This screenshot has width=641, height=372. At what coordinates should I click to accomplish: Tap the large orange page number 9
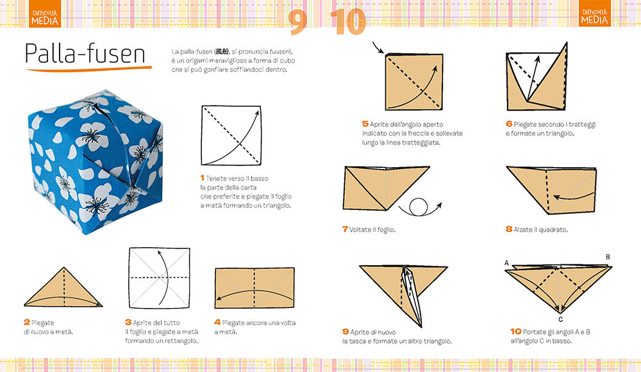pos(298,22)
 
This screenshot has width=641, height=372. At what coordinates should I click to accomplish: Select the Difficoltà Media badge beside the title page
pos(45,17)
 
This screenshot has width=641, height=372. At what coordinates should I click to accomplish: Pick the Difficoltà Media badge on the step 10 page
pos(594,17)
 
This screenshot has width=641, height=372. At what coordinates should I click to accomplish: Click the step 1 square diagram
pos(231,135)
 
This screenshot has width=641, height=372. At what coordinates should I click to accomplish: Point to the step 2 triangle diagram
pos(63,289)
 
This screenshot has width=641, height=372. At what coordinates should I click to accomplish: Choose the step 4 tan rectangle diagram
pos(255,289)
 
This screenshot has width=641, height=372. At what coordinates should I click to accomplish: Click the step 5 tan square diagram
pos(414,83)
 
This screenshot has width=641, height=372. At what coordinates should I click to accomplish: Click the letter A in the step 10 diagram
pos(506,263)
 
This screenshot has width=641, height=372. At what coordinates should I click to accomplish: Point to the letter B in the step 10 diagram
pos(608,257)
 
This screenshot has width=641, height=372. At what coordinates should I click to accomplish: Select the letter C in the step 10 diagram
pos(560,319)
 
